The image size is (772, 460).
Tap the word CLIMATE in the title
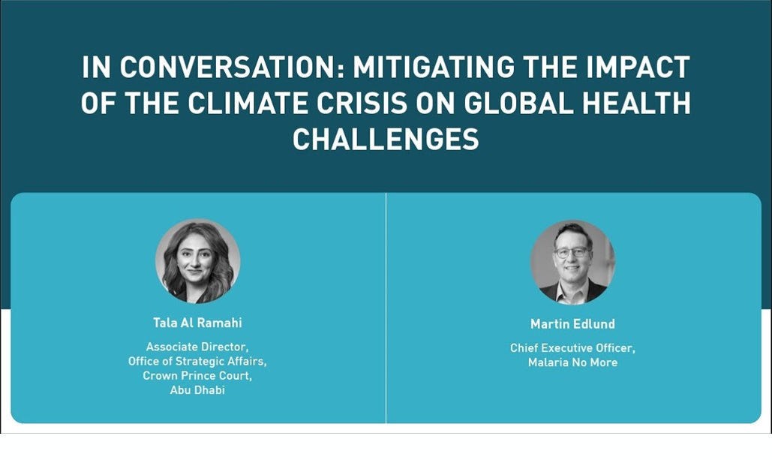(248, 103)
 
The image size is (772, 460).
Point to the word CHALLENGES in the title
(386, 139)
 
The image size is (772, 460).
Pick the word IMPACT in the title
(638, 67)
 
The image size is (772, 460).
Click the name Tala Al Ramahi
(197, 323)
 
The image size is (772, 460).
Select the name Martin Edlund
(572, 323)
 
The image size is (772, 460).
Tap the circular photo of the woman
(198, 261)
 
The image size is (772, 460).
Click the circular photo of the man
(572, 262)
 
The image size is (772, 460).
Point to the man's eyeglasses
(571, 252)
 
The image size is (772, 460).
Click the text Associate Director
(197, 347)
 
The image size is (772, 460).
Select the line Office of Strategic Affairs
(197, 361)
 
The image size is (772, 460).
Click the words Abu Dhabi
(197, 389)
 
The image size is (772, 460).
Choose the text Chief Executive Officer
(572, 347)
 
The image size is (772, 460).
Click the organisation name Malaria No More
(572, 362)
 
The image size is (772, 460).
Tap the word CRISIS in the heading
(362, 103)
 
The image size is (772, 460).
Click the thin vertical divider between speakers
(386, 308)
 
